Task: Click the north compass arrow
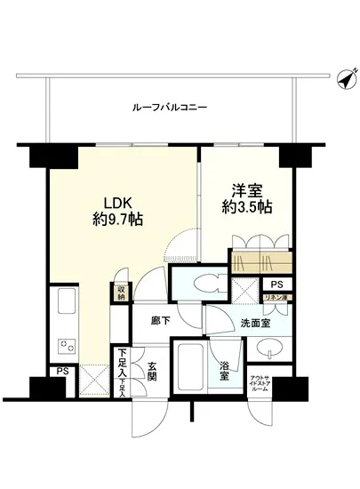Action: [342, 81]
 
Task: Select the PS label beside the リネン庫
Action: [276, 285]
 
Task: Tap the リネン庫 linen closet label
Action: [277, 301]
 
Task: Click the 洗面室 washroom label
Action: [252, 324]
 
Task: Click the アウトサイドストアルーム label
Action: [259, 384]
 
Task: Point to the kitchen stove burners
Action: [67, 344]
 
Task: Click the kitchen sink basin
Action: [68, 308]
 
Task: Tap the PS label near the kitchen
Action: [61, 372]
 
